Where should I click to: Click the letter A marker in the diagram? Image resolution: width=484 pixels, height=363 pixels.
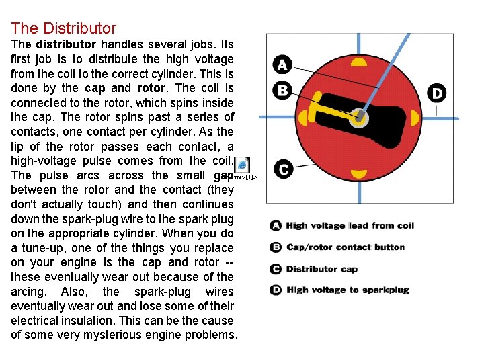click(x=282, y=65)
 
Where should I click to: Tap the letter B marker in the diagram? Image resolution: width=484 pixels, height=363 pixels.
click(x=282, y=90)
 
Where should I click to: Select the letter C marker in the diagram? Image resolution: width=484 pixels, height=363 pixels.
click(x=283, y=170)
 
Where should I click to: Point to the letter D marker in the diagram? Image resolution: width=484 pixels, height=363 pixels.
click(x=437, y=93)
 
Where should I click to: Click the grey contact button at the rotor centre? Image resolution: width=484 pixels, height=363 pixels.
click(x=359, y=118)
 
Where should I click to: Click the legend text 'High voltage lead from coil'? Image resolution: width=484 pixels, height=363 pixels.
click(x=350, y=226)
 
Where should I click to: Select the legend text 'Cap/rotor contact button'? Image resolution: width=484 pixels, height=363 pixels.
click(x=346, y=247)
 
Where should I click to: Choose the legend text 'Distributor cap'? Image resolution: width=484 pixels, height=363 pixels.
click(x=322, y=269)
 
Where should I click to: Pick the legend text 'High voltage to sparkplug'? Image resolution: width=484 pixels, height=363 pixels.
click(x=348, y=290)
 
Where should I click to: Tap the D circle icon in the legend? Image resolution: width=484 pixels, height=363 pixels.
click(x=276, y=290)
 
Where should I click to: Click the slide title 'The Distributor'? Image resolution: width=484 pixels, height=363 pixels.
click(x=63, y=28)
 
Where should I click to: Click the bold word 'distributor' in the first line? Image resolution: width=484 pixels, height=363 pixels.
click(x=66, y=44)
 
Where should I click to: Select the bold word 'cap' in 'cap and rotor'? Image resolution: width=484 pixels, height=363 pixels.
click(x=95, y=88)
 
